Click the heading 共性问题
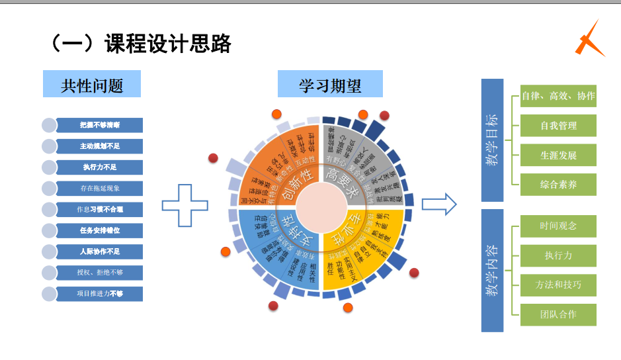pos(92,85)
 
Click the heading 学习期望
pos(330,85)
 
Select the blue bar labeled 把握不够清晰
pos(99,124)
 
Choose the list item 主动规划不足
pos(99,146)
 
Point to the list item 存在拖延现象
pos(99,188)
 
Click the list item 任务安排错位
pos(99,230)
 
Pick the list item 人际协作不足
pos(99,251)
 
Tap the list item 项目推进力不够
pos(99,293)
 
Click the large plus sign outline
pos(185,206)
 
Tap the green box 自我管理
pos(558,126)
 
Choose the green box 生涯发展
pos(558,155)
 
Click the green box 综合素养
pos(558,185)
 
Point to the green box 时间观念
pos(558,226)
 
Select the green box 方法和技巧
pos(558,285)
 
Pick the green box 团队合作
pos(558,314)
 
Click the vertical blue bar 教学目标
pos(492,140)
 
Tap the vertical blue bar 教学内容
pos(492,270)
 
